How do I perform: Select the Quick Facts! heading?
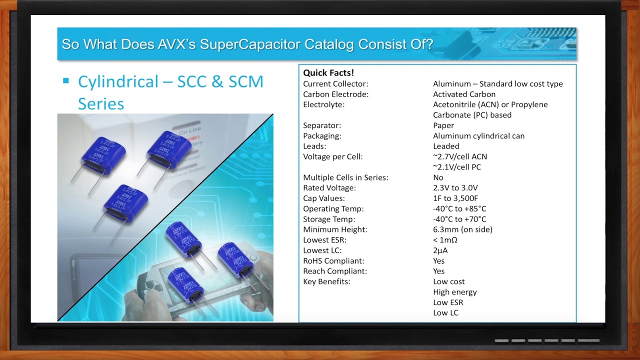point(328,73)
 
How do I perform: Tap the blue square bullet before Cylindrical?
point(66,80)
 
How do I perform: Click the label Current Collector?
point(335,83)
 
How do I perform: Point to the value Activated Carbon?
point(464,94)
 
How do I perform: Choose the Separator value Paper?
point(443,125)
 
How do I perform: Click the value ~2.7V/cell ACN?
point(459,156)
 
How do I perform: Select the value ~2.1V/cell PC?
point(457,167)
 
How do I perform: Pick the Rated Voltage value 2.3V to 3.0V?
point(455,187)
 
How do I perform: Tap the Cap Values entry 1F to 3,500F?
point(455,198)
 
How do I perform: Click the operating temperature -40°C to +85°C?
point(459,208)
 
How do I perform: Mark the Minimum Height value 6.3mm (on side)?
point(462,229)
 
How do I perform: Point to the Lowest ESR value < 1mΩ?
point(445,240)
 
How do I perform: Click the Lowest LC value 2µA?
point(440,250)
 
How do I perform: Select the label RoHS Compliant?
point(333,261)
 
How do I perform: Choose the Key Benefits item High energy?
point(455,292)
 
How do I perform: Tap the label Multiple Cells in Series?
point(345,177)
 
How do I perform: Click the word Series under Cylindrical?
point(101,103)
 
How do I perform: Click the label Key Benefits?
point(326,281)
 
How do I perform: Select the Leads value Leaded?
point(446,146)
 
